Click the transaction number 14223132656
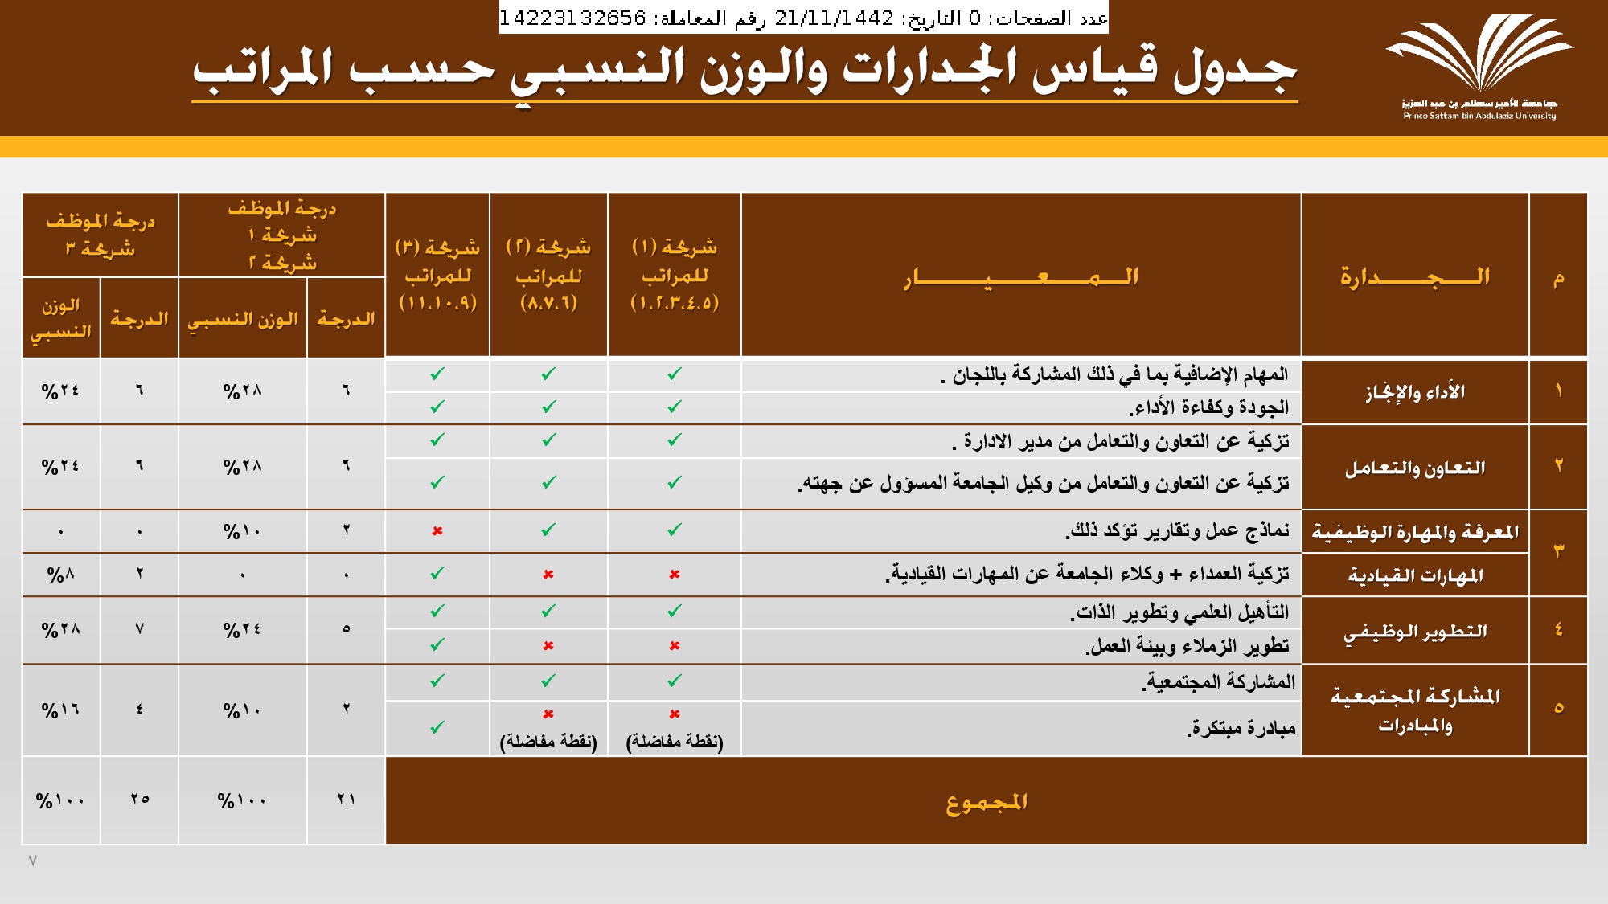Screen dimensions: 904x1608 click(x=572, y=18)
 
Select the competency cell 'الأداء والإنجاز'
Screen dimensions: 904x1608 click(x=1414, y=392)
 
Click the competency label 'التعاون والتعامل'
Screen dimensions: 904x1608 click(x=1414, y=468)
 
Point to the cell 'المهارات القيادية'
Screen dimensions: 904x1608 click(x=1414, y=575)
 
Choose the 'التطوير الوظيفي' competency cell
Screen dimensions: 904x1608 click(x=1414, y=632)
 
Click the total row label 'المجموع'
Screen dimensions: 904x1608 click(x=986, y=801)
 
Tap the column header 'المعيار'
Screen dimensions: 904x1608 click(x=1020, y=277)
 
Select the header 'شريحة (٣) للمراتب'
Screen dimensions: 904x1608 click(x=437, y=275)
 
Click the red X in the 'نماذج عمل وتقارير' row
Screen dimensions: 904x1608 click(x=437, y=531)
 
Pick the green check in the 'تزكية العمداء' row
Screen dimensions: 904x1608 click(x=437, y=574)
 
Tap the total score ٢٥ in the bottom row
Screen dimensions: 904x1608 click(x=140, y=800)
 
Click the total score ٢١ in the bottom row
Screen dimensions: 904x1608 click(x=347, y=800)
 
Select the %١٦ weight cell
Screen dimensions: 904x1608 click(x=60, y=710)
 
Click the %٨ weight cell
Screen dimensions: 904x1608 click(x=60, y=575)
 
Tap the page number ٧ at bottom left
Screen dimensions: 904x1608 click(x=33, y=861)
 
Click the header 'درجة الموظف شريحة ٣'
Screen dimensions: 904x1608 click(x=100, y=235)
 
